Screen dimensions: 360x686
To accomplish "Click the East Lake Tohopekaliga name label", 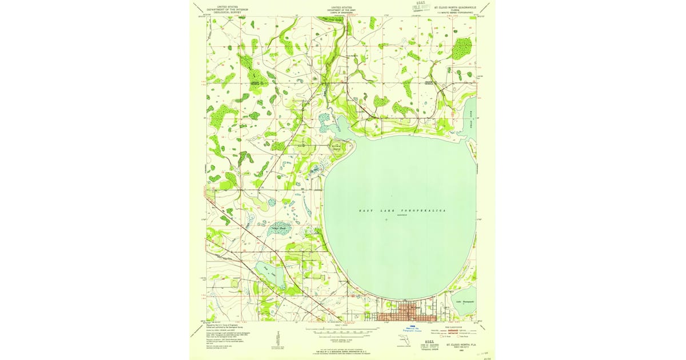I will (x=402, y=211).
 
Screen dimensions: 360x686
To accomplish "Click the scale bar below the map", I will (x=342, y=330).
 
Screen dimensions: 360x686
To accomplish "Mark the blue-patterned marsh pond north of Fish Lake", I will (x=279, y=229).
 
